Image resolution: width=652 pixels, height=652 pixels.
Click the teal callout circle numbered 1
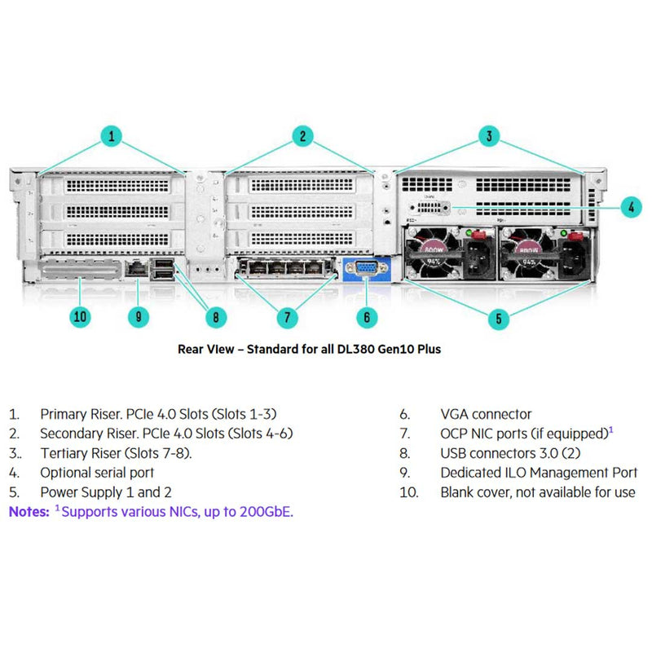[x=111, y=136]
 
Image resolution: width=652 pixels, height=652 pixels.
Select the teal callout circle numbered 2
[x=302, y=136]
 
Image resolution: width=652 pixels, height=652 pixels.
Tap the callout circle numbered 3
[x=489, y=136]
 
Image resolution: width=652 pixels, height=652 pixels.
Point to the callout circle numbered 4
[x=631, y=207]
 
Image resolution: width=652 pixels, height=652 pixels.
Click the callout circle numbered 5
[x=499, y=318]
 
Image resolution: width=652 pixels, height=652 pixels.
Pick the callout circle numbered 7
[x=286, y=317]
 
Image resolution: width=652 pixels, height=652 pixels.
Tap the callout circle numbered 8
[x=215, y=317]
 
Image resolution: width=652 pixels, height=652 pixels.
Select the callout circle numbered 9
[x=139, y=317]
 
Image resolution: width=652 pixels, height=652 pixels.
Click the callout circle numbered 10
[x=80, y=317]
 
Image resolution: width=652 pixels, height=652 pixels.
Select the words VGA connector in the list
[x=486, y=414]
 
